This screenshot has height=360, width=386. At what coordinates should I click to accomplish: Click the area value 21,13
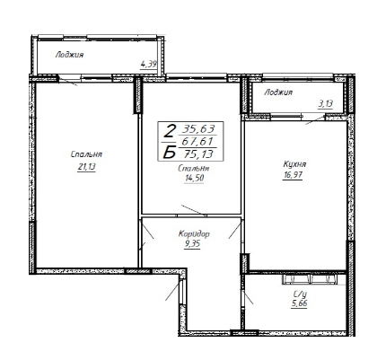pyautogui.click(x=86, y=167)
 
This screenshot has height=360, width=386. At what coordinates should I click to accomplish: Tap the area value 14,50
pyautogui.click(x=195, y=178)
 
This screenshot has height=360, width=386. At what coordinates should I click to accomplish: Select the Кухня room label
pyautogui.click(x=294, y=164)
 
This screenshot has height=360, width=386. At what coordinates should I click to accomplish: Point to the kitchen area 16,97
pyautogui.click(x=293, y=175)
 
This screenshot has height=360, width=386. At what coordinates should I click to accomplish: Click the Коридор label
pyautogui.click(x=194, y=233)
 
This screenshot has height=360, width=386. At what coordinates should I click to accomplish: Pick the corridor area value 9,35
pyautogui.click(x=192, y=244)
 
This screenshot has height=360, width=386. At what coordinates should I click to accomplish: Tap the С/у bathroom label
pyautogui.click(x=300, y=294)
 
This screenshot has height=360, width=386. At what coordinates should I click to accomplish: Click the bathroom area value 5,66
pyautogui.click(x=299, y=303)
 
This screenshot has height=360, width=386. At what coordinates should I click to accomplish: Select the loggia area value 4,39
pyautogui.click(x=149, y=64)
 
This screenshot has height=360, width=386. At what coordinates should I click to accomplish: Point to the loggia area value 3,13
pyautogui.click(x=325, y=104)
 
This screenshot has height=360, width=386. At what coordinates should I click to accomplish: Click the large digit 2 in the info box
pyautogui.click(x=170, y=131)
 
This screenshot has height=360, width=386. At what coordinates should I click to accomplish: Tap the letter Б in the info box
pyautogui.click(x=170, y=153)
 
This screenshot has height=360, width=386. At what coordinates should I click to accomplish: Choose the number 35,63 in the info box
pyautogui.click(x=198, y=129)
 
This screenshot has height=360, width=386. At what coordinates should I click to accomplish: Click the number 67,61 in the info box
pyautogui.click(x=198, y=141)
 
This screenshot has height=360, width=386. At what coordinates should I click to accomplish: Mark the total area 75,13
pyautogui.click(x=198, y=154)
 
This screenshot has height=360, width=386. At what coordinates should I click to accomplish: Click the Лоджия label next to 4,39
pyautogui.click(x=69, y=55)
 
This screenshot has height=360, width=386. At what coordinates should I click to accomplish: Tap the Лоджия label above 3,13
pyautogui.click(x=278, y=92)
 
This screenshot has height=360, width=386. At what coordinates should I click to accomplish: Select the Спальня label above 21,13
pyautogui.click(x=86, y=154)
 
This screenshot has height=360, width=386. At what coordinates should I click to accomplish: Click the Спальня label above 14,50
pyautogui.click(x=194, y=169)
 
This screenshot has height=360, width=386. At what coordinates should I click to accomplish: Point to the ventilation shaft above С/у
pyautogui.click(x=310, y=279)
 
